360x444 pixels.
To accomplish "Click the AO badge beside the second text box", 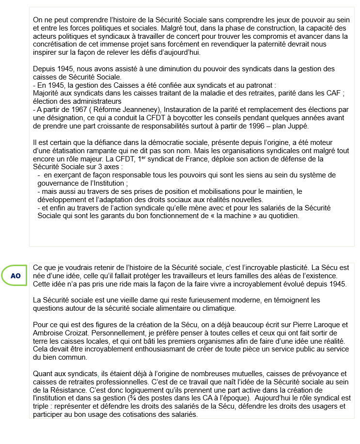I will (x=16, y=275).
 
